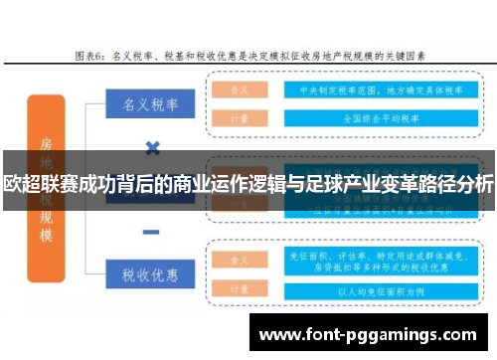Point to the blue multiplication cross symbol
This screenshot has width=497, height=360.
pos(153,148)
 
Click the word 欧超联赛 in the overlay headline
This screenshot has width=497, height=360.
pos(36,184)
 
